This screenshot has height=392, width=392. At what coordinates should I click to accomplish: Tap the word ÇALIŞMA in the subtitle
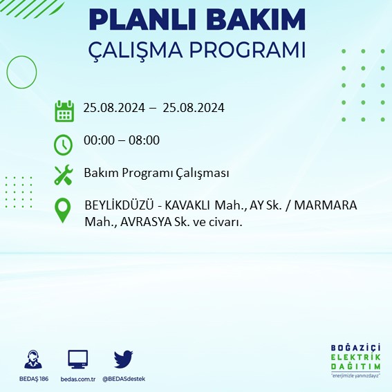tap(140, 52)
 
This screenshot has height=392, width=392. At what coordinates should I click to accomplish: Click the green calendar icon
tap(64, 110)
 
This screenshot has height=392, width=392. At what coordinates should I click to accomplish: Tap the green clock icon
tap(64, 144)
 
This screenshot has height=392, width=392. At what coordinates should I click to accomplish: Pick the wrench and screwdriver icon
tap(64, 174)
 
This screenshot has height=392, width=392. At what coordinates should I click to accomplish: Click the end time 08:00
tap(144, 140)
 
